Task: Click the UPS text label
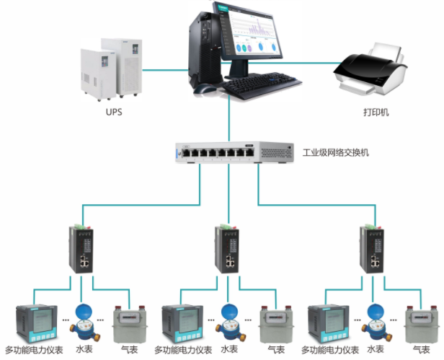pyautogui.click(x=114, y=112)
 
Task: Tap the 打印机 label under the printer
pyautogui.click(x=376, y=113)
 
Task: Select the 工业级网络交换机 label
pyautogui.click(x=336, y=153)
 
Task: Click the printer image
pyautogui.click(x=370, y=69)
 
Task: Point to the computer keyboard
pyautogui.click(x=261, y=84)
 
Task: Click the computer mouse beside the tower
pyautogui.click(x=204, y=88)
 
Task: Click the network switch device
pyautogui.click(x=234, y=152)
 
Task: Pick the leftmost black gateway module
pyautogui.click(x=81, y=249)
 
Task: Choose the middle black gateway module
pyautogui.click(x=227, y=249)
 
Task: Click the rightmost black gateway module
pyautogui.click(x=372, y=249)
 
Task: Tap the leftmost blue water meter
pyautogui.click(x=84, y=322)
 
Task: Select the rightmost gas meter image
pyautogui.click(x=422, y=324)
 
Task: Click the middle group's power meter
pyautogui.click(x=182, y=324)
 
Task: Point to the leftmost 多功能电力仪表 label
pyautogui.click(x=34, y=350)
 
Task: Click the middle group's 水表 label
pyautogui.click(x=229, y=349)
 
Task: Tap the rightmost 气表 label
pyautogui.click(x=422, y=349)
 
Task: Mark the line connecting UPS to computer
pyautogui.click(x=165, y=70)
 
